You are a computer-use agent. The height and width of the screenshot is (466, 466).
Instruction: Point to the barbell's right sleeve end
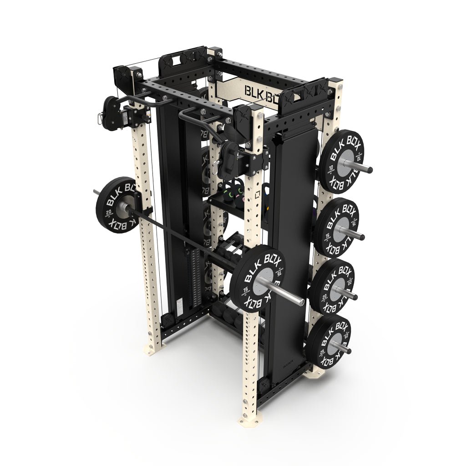tap(301, 301)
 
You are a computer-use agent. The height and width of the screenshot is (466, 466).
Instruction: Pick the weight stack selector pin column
tap(197, 278)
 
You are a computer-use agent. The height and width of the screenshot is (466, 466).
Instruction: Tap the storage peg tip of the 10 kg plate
tap(370, 170)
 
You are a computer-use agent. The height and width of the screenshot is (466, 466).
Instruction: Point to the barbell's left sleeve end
tap(95, 192)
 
